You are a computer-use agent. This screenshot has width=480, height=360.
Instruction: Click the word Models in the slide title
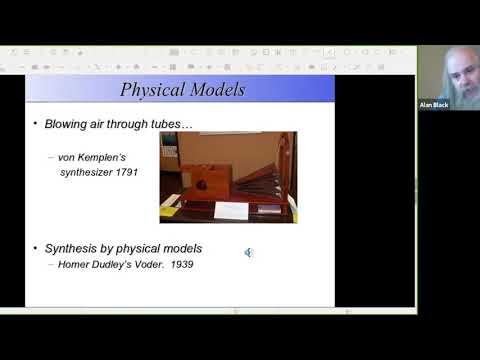pyautogui.click(x=216, y=89)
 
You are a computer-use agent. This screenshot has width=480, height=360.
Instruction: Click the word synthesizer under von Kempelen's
pyautogui.click(x=87, y=172)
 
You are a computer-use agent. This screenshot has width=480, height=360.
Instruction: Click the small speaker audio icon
pyautogui.click(x=248, y=252)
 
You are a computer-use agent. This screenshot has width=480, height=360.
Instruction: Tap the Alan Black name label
pyautogui.click(x=434, y=104)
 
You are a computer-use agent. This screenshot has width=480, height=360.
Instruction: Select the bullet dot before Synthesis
pyautogui.click(x=35, y=247)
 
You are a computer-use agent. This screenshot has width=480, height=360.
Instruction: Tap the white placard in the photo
pyautogui.click(x=231, y=210)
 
